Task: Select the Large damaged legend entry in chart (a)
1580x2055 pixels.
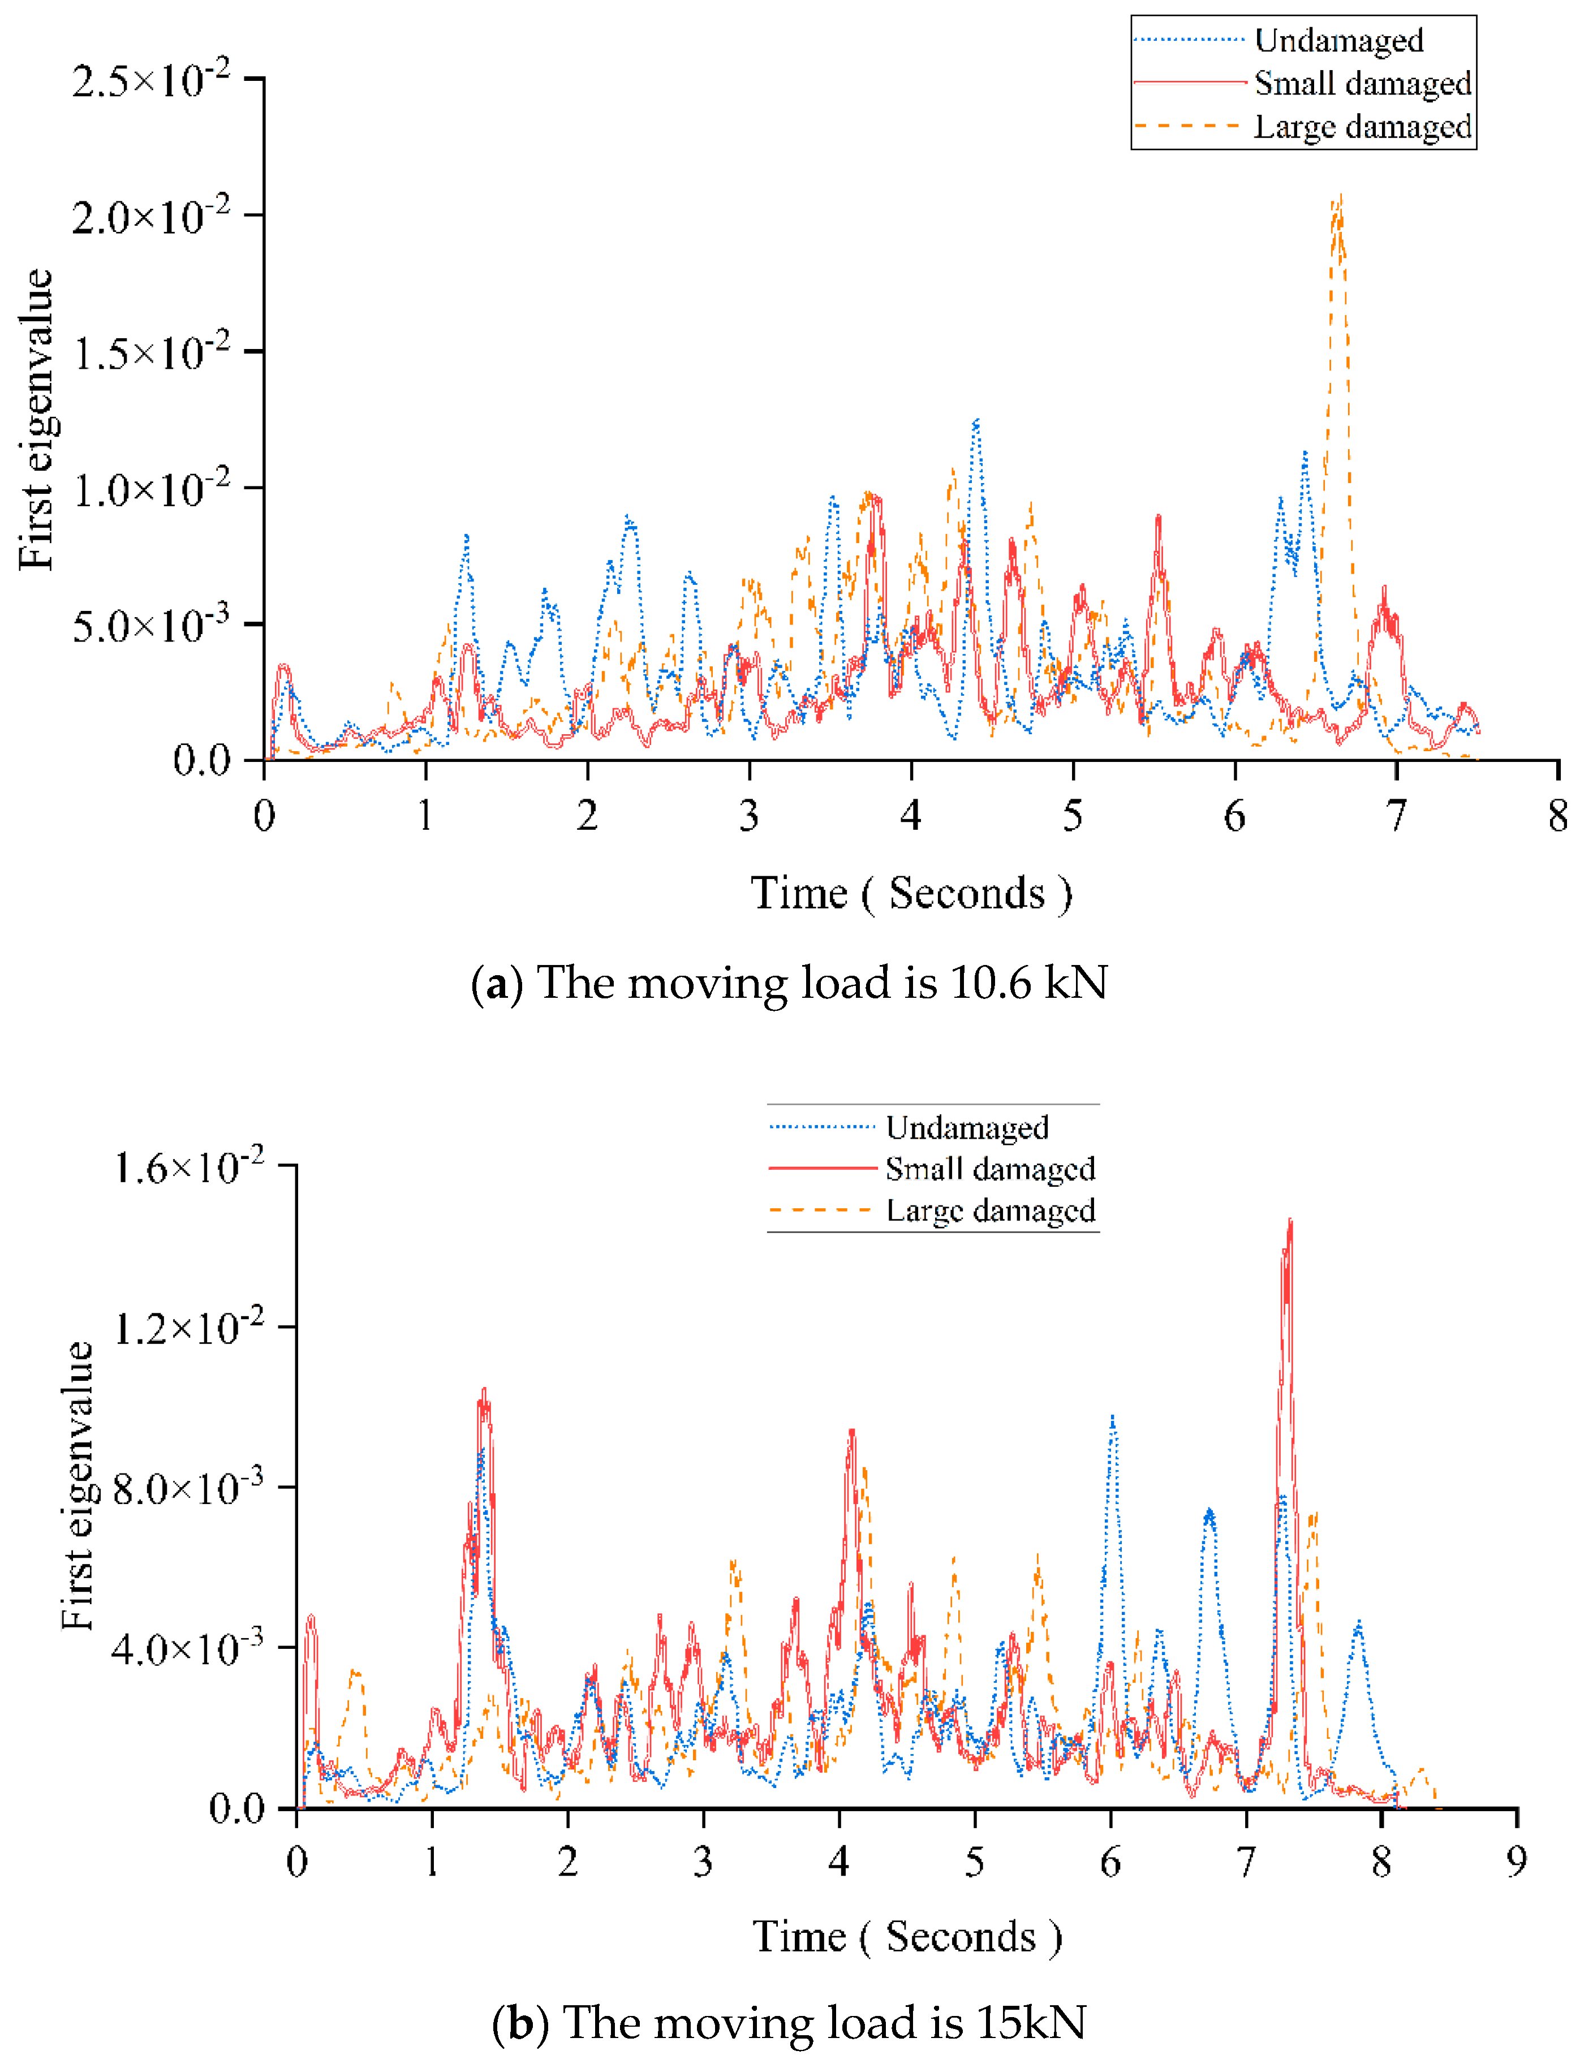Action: (1361, 126)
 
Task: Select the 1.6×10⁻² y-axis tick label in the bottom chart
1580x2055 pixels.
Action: (188, 1167)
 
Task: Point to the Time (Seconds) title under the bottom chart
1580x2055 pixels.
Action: (907, 1936)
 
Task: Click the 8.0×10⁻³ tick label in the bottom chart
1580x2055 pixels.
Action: (188, 1489)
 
